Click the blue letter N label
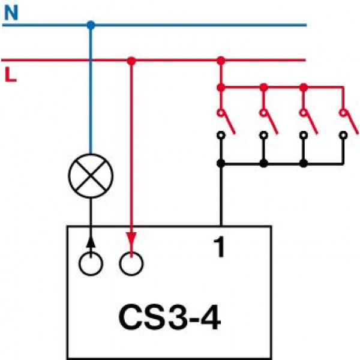[x=11, y=13]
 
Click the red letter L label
[x=11, y=74]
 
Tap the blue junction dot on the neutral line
[x=91, y=25]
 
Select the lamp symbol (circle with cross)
[x=91, y=176]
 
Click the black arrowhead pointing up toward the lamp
[x=91, y=242]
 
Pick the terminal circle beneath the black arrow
[x=91, y=263]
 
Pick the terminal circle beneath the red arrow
[x=131, y=263]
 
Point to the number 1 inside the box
[x=219, y=247]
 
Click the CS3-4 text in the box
[x=170, y=317]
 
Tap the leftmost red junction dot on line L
[x=131, y=61]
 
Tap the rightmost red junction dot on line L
[x=221, y=61]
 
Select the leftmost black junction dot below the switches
[x=221, y=163]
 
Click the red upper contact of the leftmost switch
[x=221, y=113]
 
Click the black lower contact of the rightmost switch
[x=343, y=135]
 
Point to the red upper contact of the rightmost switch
[x=343, y=113]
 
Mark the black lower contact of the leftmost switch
[x=221, y=135]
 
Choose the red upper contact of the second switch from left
[x=263, y=113]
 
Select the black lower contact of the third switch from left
[x=304, y=135]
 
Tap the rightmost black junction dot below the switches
[x=304, y=163]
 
